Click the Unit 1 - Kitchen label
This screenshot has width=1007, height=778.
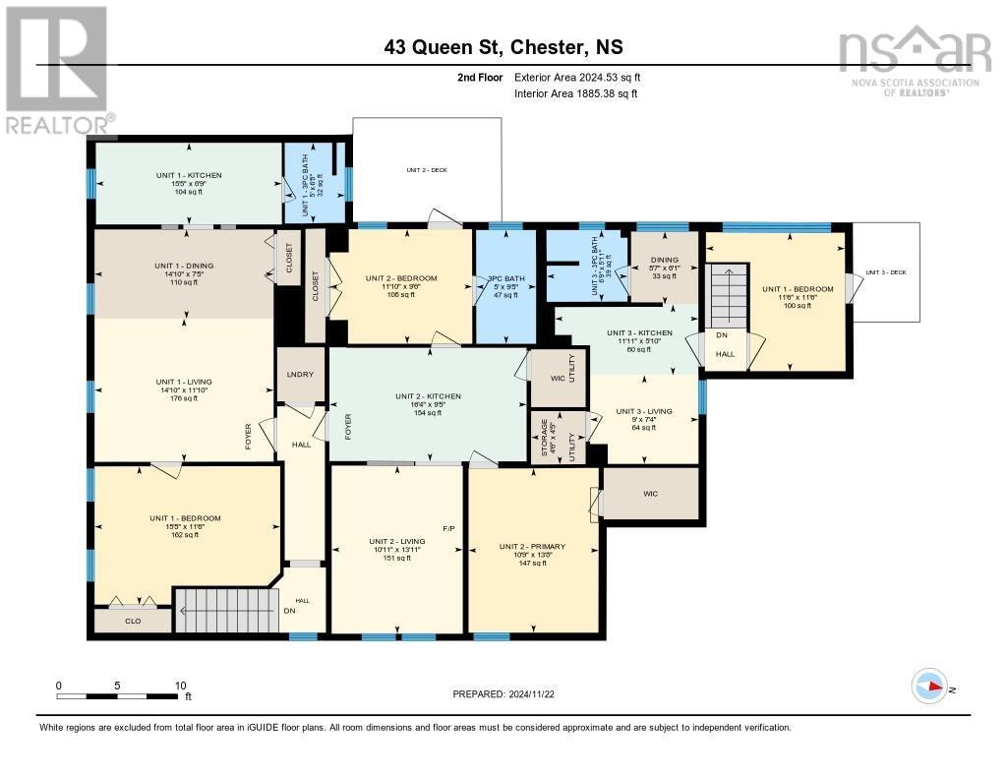pos(189,175)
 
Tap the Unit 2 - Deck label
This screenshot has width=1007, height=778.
pos(427,170)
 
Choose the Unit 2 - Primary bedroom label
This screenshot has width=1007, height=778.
pos(532,547)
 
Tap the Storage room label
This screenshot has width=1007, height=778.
pos(543,438)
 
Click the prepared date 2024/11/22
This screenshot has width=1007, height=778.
pos(503,693)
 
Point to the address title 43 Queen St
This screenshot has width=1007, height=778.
pos(503,47)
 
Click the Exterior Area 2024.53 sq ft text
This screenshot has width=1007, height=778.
pos(577,77)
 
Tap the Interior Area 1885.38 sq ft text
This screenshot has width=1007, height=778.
pos(575,94)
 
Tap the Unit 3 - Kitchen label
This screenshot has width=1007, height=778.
pos(639,333)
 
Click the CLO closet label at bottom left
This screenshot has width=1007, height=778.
pos(132,621)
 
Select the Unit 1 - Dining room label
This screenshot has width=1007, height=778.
pos(183,266)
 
